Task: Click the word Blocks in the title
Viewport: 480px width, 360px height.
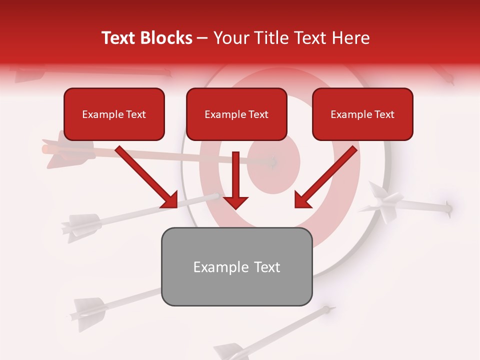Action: [x=166, y=38]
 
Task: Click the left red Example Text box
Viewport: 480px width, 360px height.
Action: [x=114, y=114]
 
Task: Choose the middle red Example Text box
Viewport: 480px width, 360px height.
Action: [x=236, y=114]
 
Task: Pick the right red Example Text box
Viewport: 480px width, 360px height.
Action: [x=362, y=114]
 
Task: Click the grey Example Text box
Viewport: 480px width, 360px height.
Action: [x=236, y=266]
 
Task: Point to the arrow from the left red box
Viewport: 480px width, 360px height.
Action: [x=146, y=177]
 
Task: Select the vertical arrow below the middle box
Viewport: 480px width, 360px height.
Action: [x=236, y=180]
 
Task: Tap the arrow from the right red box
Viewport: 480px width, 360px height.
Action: [x=326, y=177]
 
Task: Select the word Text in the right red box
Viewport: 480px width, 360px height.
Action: [x=384, y=114]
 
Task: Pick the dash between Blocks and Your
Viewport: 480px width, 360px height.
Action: [x=203, y=38]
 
